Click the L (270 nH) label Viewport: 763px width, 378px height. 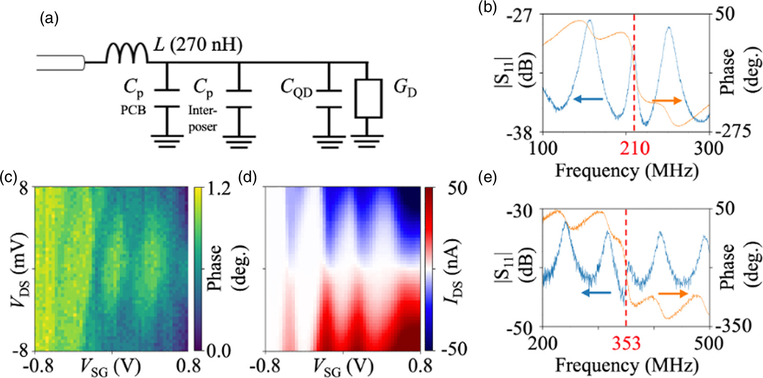coord(198,45)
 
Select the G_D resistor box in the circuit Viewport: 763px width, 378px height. coord(368,98)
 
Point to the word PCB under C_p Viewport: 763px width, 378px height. coord(133,110)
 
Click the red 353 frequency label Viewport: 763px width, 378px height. coord(626,343)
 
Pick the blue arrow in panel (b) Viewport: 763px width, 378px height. coord(588,99)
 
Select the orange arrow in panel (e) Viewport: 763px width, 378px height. coord(673,294)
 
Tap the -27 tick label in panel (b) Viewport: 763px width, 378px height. coord(520,15)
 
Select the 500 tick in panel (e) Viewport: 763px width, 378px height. coord(709,344)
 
